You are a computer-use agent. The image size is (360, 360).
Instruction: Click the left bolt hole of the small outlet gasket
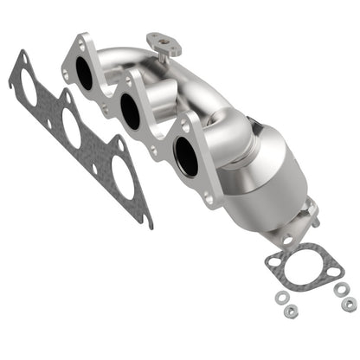[x=275, y=262]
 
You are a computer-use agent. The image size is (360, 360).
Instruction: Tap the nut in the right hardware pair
[x=349, y=305]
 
